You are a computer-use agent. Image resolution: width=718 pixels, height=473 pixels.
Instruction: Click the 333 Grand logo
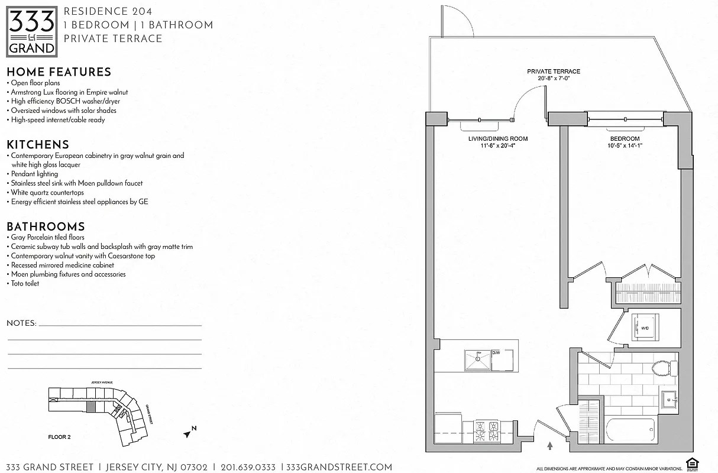(x=32, y=31)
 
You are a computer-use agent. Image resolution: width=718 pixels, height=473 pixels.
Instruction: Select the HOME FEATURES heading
(x=59, y=72)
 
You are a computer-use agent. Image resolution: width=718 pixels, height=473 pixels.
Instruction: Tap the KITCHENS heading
(x=38, y=145)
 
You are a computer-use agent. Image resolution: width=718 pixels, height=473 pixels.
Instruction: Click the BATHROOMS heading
(x=46, y=227)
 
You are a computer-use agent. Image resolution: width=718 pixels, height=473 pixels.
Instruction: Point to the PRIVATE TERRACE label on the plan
(x=554, y=72)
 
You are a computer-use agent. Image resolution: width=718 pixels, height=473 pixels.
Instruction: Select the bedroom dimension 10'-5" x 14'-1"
(x=624, y=146)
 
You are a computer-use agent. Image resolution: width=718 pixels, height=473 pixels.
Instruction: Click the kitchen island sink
(x=477, y=359)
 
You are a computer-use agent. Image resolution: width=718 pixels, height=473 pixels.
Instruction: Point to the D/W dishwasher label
(x=496, y=354)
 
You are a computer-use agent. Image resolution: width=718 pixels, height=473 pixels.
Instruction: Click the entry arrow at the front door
(x=551, y=446)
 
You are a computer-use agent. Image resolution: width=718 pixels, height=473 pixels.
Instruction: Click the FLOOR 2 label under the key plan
(x=59, y=438)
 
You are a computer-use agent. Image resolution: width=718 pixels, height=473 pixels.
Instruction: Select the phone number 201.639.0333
(x=247, y=467)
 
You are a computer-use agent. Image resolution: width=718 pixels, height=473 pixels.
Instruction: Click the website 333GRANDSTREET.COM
(x=339, y=467)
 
